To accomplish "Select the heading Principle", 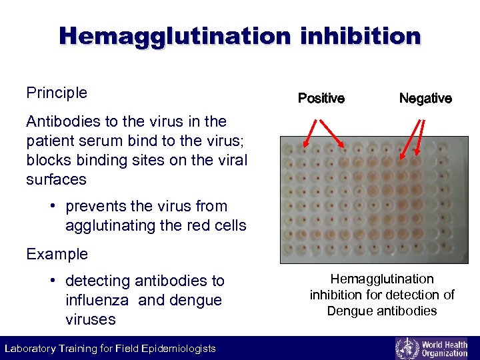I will point(57,93).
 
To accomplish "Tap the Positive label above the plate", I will point(321,99).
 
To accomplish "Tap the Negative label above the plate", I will point(425,99).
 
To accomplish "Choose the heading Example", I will point(57,254).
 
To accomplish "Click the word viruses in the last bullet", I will point(91,319).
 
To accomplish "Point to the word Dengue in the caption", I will point(349,311).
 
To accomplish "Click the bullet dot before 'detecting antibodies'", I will point(52,281).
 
